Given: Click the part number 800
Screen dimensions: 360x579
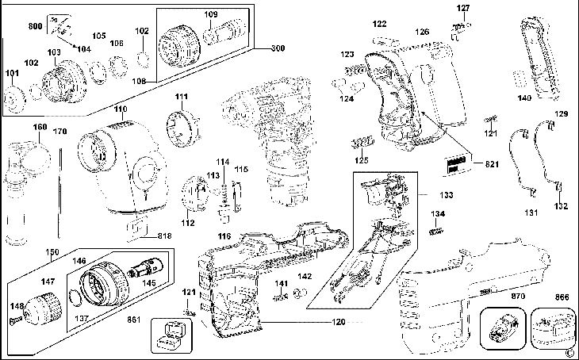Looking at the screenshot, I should pos(35,27).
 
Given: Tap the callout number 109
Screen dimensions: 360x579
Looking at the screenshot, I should pos(210,14).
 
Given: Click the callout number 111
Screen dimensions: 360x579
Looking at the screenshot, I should pos(182,97).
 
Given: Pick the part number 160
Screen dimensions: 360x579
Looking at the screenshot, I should pos(40,127).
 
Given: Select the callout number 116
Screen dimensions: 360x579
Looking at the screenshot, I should pos(225,237).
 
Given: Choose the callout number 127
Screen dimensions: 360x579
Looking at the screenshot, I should pos(463,8).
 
